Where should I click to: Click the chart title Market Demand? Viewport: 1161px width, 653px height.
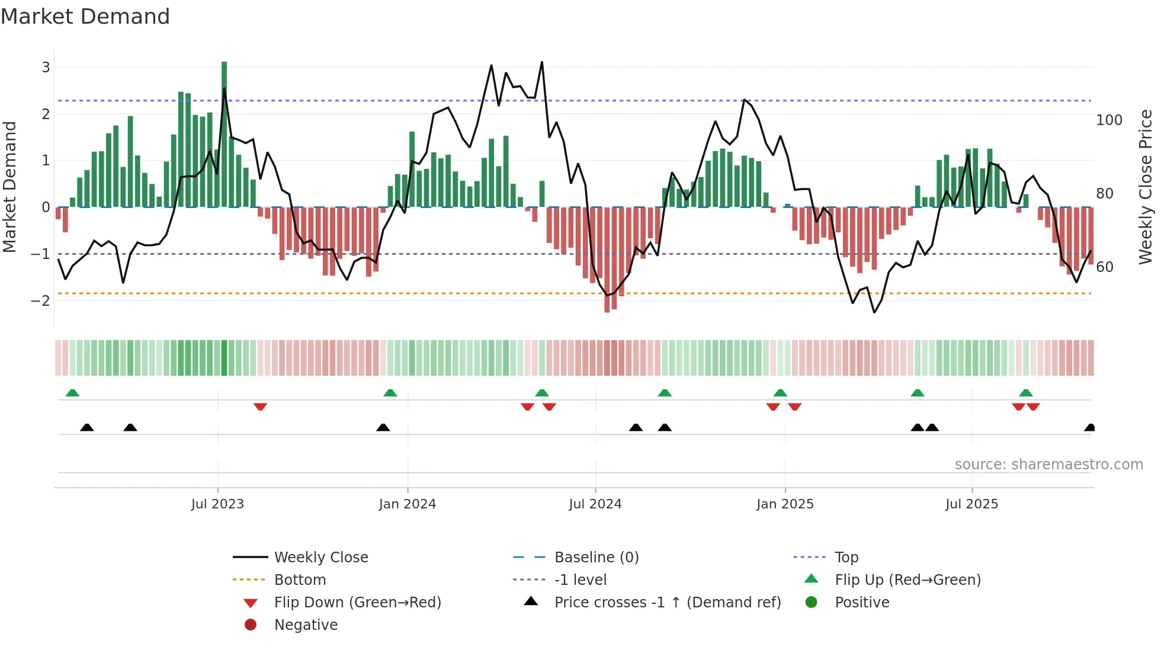point(85,17)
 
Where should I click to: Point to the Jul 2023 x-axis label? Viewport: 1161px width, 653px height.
point(217,504)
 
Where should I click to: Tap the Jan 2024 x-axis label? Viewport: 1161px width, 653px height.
point(407,504)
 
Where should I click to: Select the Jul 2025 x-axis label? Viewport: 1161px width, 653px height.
point(971,504)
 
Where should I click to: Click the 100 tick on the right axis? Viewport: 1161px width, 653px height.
point(1109,120)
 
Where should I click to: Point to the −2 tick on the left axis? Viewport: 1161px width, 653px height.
point(41,301)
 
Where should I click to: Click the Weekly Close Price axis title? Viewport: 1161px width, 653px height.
point(1146,187)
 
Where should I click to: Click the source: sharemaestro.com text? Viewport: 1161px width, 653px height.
point(1048,465)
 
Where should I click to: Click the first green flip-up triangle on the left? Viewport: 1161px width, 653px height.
point(72,393)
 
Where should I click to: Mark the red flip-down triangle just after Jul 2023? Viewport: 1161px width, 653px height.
point(260,406)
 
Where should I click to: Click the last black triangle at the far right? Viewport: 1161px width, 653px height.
point(1089,427)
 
